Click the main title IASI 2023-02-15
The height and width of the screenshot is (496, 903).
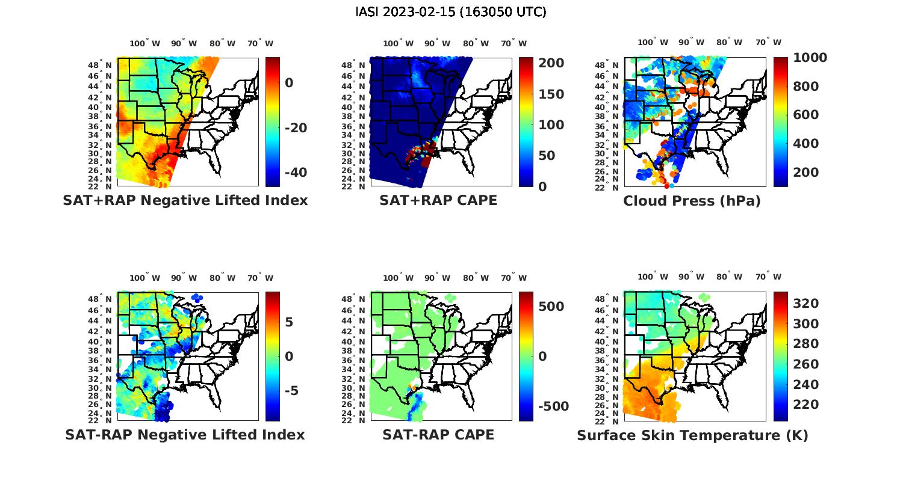(x=451, y=12)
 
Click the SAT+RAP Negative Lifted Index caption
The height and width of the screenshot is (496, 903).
(x=185, y=200)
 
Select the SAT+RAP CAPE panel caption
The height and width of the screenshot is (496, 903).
(x=438, y=200)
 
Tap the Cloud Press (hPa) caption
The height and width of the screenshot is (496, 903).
(x=692, y=201)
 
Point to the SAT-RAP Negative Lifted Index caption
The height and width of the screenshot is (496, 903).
(x=185, y=434)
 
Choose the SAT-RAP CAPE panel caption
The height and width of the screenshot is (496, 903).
(x=438, y=434)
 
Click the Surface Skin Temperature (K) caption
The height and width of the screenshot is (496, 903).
(x=692, y=435)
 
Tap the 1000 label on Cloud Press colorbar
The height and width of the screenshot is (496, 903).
(x=810, y=58)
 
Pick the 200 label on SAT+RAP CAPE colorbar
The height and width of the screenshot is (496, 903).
(x=551, y=63)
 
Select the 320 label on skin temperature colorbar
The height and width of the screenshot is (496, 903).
(x=805, y=304)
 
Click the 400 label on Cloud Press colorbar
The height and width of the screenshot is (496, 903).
(x=805, y=144)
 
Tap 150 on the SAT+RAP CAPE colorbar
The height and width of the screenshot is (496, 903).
(x=551, y=94)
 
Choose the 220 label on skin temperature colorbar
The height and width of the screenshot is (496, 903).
(x=805, y=405)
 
